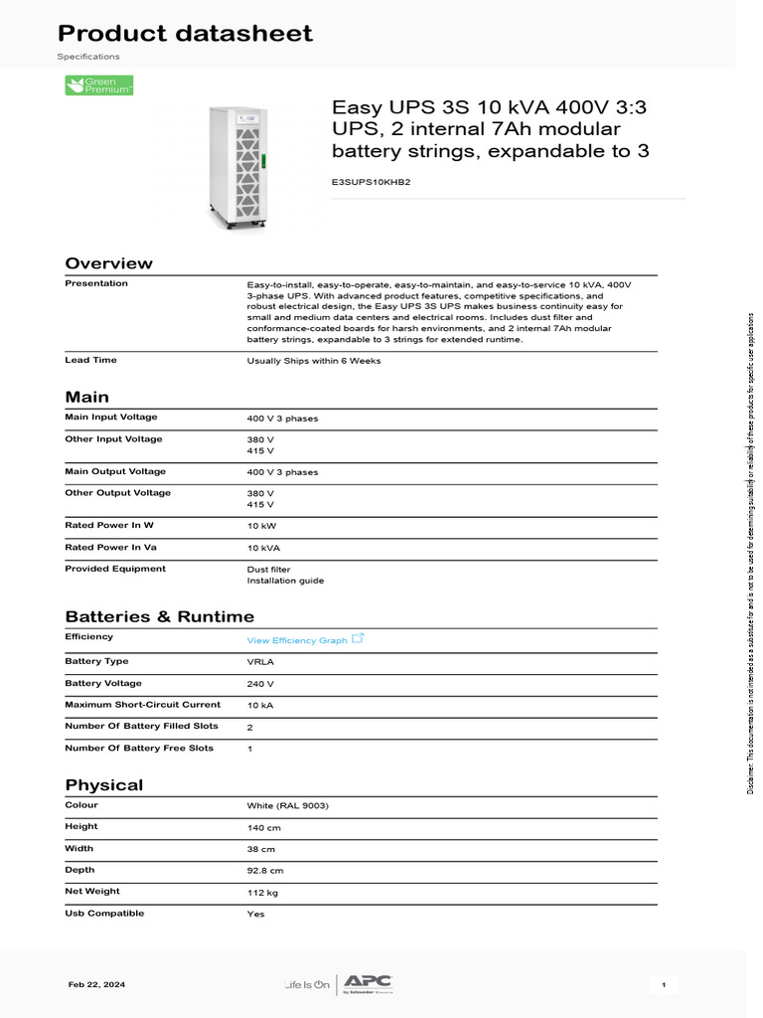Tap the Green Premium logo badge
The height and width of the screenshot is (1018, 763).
coord(99,85)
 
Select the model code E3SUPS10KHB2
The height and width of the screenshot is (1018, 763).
coord(371,182)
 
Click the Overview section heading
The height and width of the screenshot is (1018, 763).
coord(109,263)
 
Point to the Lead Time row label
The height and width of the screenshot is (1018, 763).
coord(90,360)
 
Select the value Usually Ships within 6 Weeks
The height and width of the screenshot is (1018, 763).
coord(313,361)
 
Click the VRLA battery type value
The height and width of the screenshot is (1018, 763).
coord(260,662)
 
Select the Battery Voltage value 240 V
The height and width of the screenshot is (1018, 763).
coord(260,684)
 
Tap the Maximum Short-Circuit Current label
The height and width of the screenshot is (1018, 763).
coord(142,705)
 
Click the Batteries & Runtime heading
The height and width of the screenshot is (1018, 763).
coord(159,616)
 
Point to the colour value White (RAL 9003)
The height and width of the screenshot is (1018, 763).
coord(287,805)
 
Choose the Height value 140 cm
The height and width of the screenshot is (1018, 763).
coord(263,827)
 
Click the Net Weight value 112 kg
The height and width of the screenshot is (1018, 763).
coord(263,893)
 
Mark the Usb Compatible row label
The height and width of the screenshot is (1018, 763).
coord(104,913)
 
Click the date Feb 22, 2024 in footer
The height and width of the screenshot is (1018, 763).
coord(96,984)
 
